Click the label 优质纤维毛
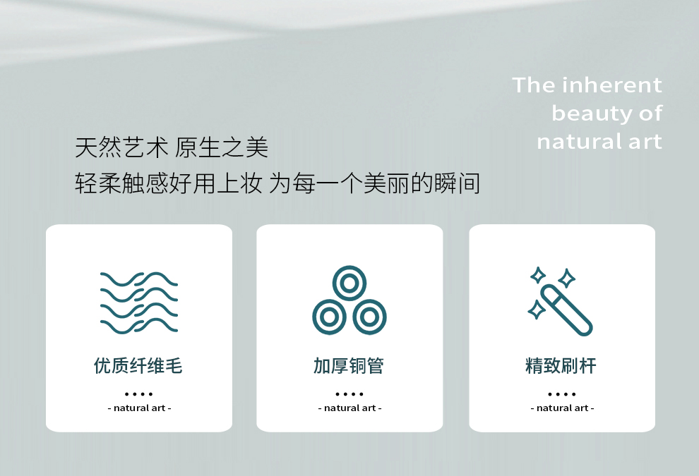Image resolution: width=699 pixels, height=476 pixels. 138,366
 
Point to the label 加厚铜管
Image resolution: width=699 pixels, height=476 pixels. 349,366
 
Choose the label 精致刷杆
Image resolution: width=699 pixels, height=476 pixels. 561,366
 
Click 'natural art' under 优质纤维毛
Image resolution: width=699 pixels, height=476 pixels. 140,408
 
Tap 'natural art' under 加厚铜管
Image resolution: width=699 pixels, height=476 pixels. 350,408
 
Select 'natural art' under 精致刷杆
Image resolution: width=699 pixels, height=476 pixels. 563,408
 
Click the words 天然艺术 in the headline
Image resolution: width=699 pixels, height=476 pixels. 121,147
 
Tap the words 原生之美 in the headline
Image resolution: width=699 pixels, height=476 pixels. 222,147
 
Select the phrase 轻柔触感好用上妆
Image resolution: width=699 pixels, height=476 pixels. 169,183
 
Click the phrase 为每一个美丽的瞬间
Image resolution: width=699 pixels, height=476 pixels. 374,183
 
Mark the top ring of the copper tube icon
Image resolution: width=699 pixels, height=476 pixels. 349,283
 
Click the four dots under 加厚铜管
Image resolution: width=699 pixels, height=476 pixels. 349,394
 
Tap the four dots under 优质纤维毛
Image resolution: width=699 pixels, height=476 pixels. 139,394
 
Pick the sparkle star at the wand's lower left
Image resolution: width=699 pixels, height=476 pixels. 537,310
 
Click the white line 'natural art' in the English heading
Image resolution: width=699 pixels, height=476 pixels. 599,142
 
